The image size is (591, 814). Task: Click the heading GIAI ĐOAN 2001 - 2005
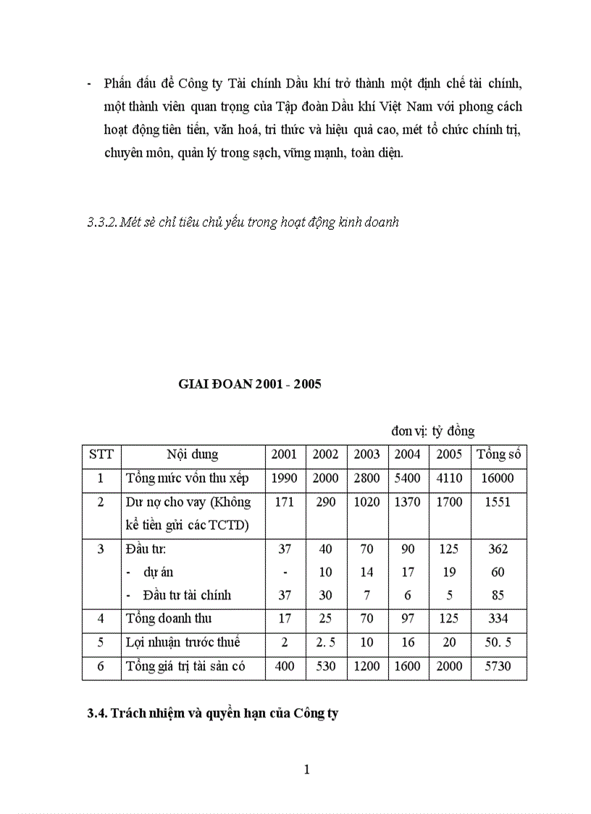tap(250, 385)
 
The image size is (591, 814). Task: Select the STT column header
tap(101, 455)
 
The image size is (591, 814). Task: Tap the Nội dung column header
tap(192, 455)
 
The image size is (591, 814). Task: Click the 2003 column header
tap(366, 455)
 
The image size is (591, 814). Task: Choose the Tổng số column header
tap(498, 455)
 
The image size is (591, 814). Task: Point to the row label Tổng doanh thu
tap(169, 619)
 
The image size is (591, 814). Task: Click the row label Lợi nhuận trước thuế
tap(183, 642)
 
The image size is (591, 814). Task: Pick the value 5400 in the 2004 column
tap(407, 479)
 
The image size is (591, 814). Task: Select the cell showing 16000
tap(498, 479)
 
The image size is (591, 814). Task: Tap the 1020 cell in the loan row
tap(366, 502)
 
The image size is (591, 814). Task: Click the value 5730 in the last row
tap(498, 666)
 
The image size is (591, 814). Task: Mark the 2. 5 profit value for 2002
tap(325, 642)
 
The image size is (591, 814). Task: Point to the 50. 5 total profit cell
tap(498, 642)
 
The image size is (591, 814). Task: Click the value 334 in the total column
tap(498, 619)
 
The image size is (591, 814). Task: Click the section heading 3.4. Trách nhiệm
tap(213, 713)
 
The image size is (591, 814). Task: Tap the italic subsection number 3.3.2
tap(101, 223)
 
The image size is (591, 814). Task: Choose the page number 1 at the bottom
tap(307, 770)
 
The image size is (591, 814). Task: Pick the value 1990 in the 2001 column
tap(284, 479)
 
